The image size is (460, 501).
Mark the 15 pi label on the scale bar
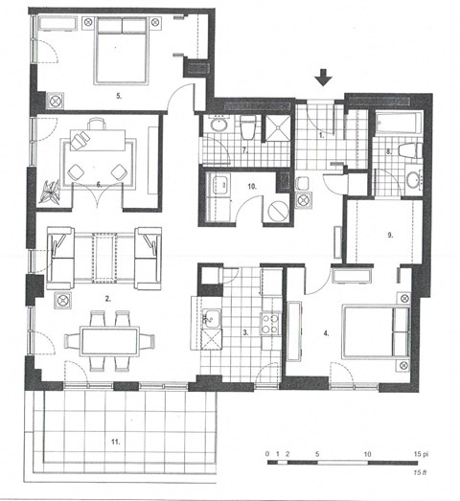(x=419, y=451)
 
